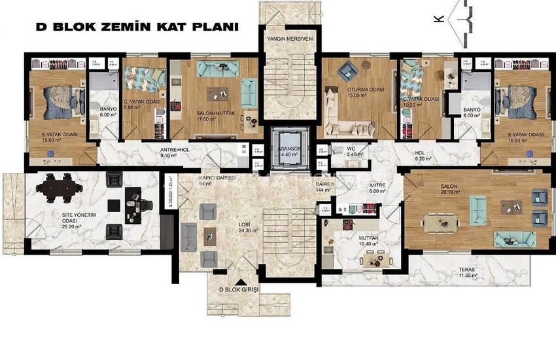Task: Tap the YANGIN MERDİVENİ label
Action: (290, 39)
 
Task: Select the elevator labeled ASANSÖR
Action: (289, 151)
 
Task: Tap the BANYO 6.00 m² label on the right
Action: (471, 113)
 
